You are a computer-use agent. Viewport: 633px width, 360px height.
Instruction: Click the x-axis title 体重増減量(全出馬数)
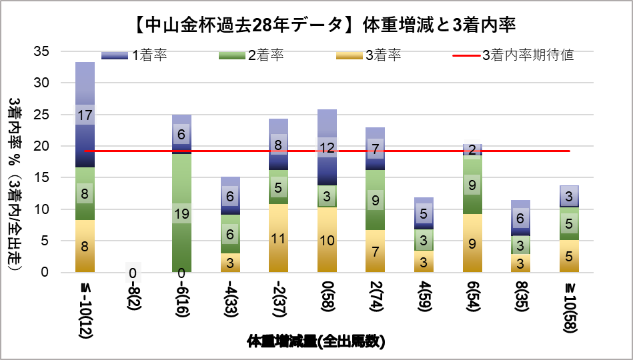tap(316, 342)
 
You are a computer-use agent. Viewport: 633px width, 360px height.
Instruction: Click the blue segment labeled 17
tap(85, 115)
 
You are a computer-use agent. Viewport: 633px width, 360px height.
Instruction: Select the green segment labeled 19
tap(181, 213)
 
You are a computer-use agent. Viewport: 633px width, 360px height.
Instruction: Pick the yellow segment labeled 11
tap(278, 238)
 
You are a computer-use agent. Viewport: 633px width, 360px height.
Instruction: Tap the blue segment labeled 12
tap(327, 147)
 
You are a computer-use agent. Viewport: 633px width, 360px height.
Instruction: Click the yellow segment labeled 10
tap(327, 240)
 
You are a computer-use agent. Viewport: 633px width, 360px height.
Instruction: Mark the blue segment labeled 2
tap(472, 149)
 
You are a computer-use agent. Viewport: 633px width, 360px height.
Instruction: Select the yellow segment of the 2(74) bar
tap(375, 251)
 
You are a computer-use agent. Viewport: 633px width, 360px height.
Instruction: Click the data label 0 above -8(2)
tap(133, 272)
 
